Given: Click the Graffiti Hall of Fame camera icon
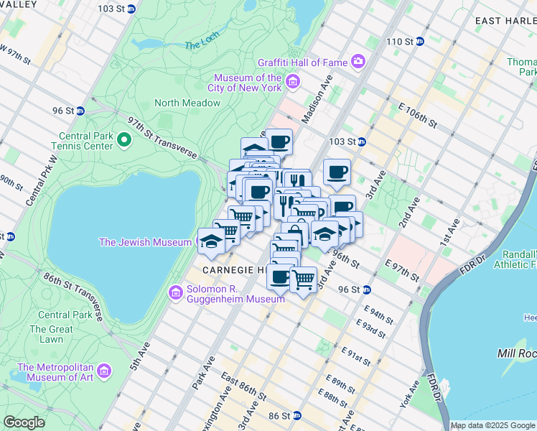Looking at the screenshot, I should (358, 61).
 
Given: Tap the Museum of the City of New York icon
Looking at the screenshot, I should (292, 83).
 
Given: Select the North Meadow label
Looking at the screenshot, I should (187, 103).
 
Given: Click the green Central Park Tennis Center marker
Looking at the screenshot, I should (123, 140).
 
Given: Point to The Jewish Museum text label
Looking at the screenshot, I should (146, 242).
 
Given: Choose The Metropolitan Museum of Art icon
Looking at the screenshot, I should (105, 371).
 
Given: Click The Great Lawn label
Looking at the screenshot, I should (51, 334).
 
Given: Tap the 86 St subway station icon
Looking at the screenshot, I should (295, 416).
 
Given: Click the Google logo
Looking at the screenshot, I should (24, 422).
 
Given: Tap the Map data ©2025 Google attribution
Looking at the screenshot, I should (493, 425).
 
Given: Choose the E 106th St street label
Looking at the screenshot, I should (417, 114).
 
